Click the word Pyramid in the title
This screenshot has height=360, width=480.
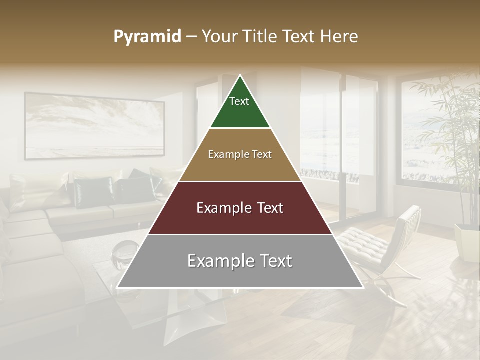(147, 37)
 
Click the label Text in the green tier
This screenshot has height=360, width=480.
(239, 101)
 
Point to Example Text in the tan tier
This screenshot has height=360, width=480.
(240, 154)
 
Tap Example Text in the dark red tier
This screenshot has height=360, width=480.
(240, 208)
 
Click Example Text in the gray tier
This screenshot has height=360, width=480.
(240, 261)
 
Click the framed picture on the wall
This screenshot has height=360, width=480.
(94, 126)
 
